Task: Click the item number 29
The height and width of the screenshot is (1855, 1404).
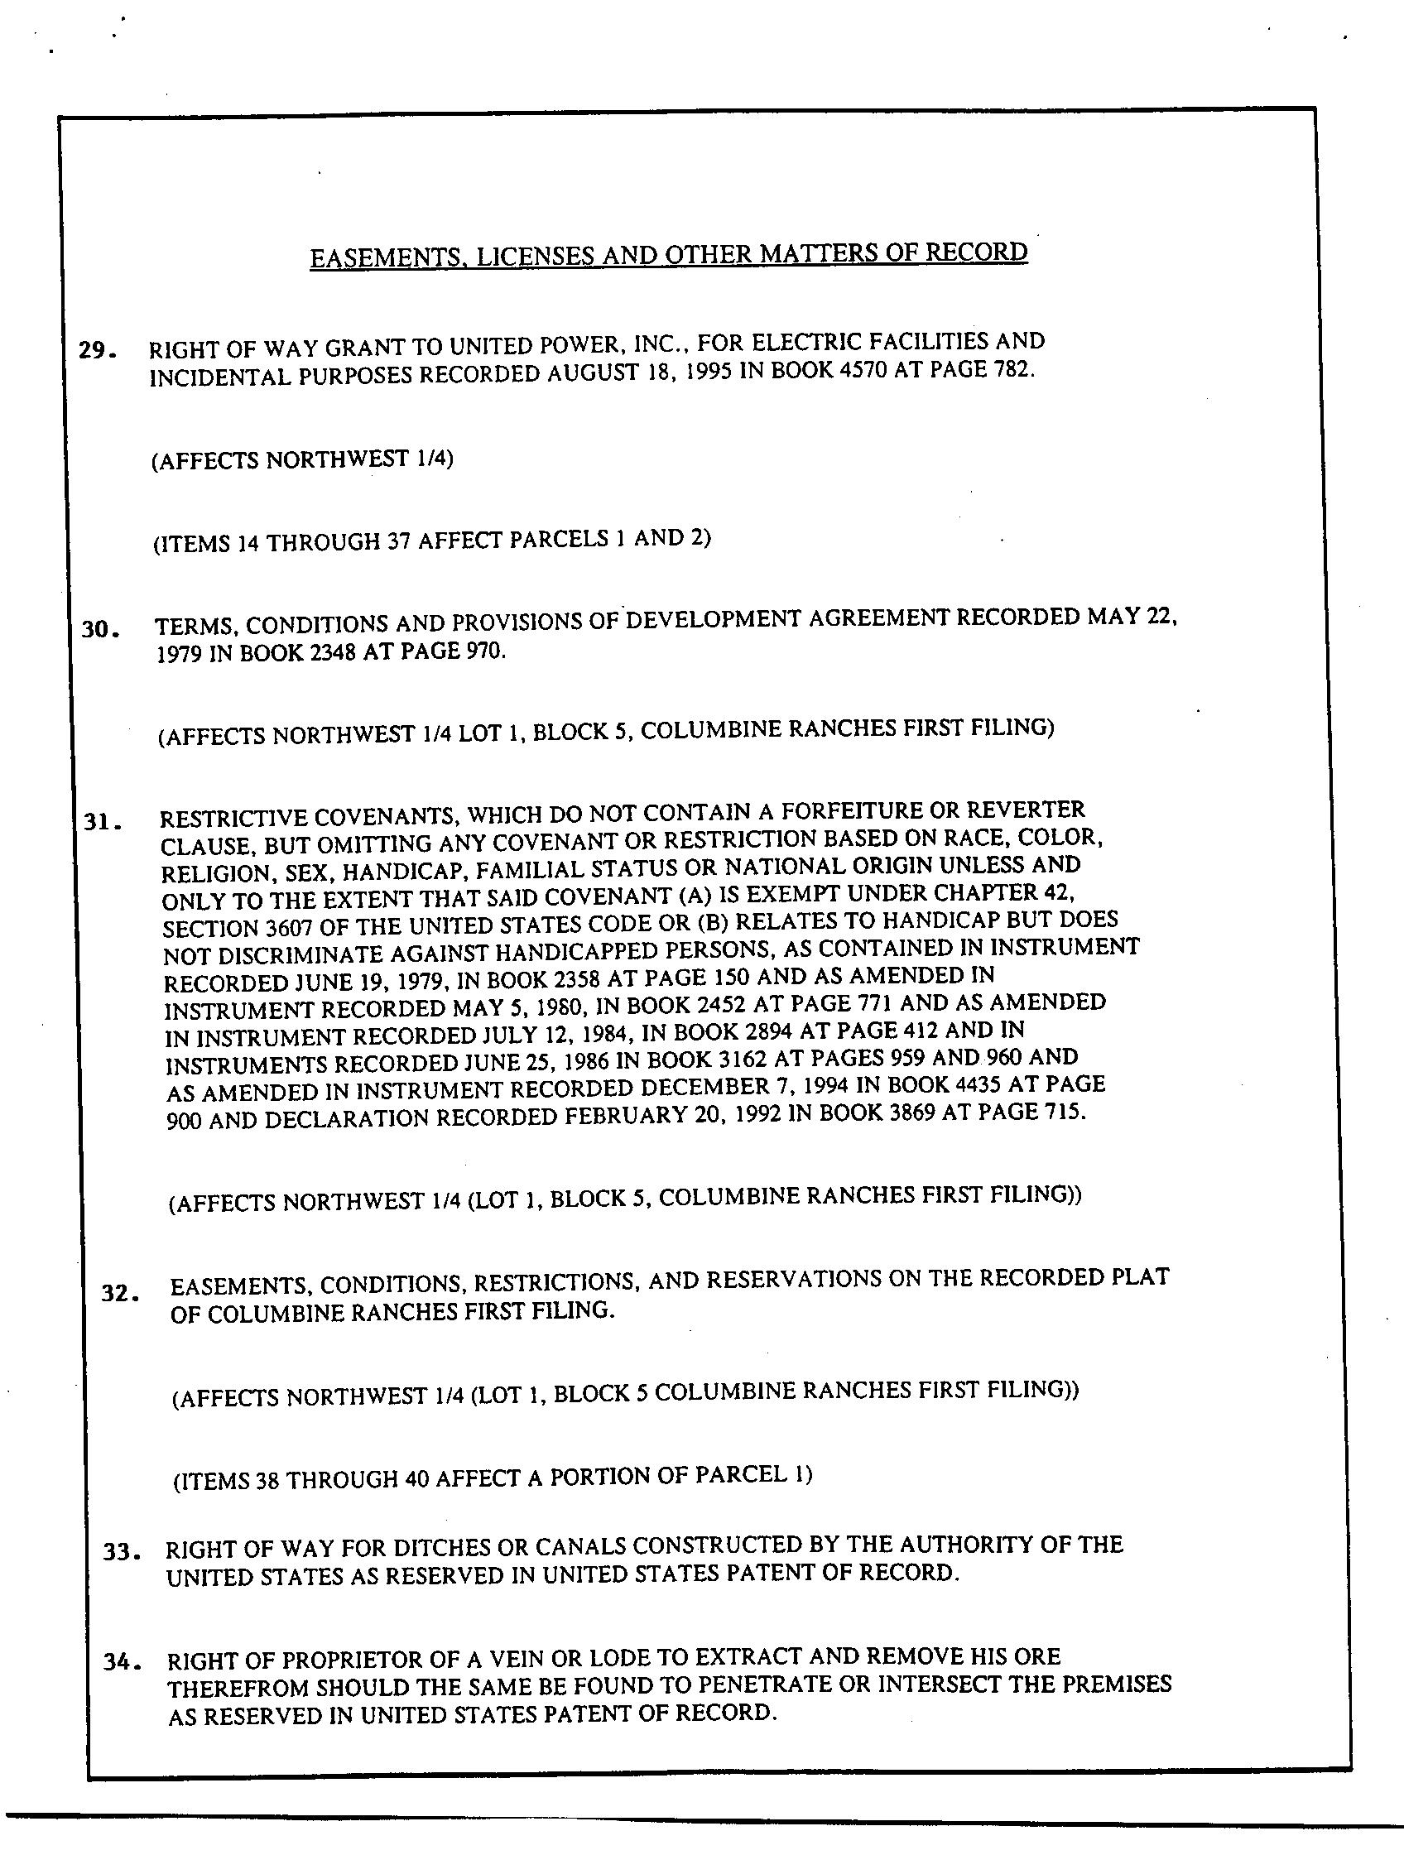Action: tap(97, 350)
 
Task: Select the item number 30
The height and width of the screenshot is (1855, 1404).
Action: tap(99, 629)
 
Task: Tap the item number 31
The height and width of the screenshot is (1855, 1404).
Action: tap(103, 822)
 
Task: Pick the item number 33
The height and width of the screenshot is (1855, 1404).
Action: tap(120, 1551)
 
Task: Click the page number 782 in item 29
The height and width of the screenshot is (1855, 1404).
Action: tap(1012, 369)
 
